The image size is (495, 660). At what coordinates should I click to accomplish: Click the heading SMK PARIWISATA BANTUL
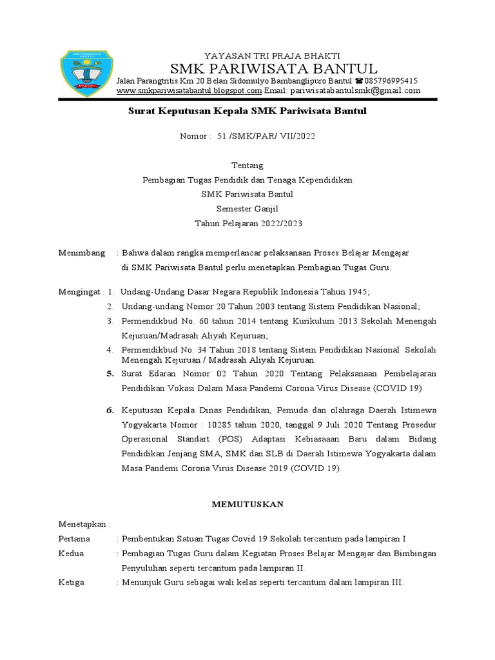pos(273,68)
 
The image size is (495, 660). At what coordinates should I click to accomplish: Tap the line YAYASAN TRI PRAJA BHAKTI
pos(272,55)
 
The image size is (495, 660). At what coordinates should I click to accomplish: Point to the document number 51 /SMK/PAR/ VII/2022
pos(266,137)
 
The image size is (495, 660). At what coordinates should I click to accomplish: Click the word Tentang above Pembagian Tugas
pos(247,166)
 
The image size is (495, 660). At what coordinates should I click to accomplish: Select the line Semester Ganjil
pos(247,209)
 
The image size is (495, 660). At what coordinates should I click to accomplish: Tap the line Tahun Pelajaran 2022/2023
pos(247,224)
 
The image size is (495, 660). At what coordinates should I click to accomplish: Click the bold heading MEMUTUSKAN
pos(247,505)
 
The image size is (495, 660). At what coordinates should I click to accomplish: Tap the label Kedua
pos(71,554)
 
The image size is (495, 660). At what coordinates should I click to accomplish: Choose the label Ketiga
pos(72,582)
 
